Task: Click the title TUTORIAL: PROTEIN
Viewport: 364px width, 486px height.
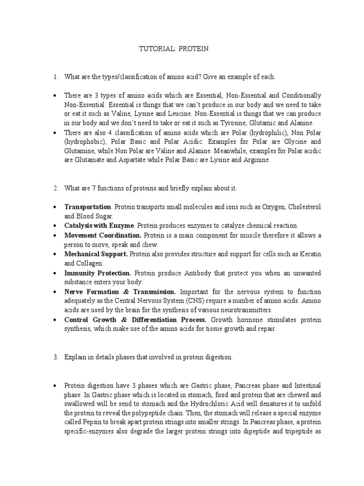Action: [x=173, y=48]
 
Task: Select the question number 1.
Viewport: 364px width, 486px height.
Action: [x=55, y=77]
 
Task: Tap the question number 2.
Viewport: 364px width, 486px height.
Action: [x=55, y=188]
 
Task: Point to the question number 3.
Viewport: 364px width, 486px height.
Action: [x=55, y=357]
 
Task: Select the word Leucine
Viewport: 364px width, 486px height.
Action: [x=191, y=114]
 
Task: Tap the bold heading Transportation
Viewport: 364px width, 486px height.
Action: [x=88, y=207]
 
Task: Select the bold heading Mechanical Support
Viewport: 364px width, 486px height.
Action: [x=96, y=254]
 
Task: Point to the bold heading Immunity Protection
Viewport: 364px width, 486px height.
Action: [x=98, y=273]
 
